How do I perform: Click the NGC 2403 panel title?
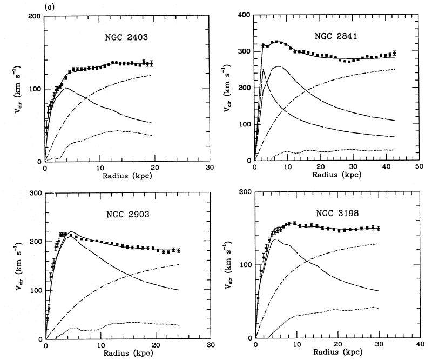(x=128, y=38)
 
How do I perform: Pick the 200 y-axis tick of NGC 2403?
(x=35, y=16)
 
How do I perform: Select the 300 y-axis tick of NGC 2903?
(x=35, y=193)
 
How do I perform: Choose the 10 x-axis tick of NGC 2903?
(x=100, y=346)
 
